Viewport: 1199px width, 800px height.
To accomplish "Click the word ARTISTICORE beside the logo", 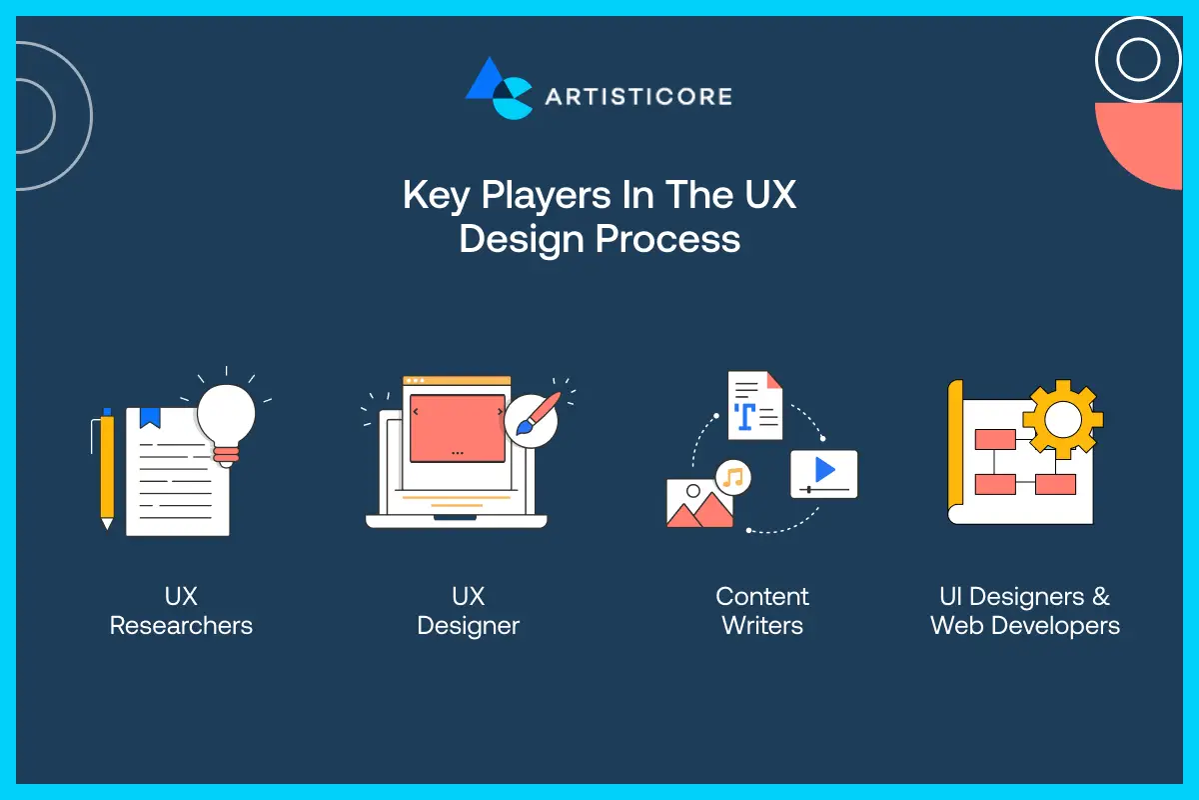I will [x=638, y=97].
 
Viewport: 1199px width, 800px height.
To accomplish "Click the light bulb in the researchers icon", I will [x=226, y=413].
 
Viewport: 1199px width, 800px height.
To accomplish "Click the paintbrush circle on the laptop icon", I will [x=532, y=419].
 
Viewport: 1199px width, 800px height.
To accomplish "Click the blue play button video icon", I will [x=824, y=471].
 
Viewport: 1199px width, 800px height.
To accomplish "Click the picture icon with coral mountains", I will [x=698, y=504].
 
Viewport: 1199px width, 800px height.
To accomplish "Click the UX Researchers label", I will [x=181, y=611].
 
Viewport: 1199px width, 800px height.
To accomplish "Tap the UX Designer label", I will [x=468, y=611].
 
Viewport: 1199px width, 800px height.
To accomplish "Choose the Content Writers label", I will [x=762, y=611].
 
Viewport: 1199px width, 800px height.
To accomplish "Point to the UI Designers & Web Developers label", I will [x=1025, y=611].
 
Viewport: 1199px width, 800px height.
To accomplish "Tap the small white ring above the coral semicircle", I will [x=1138, y=60].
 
